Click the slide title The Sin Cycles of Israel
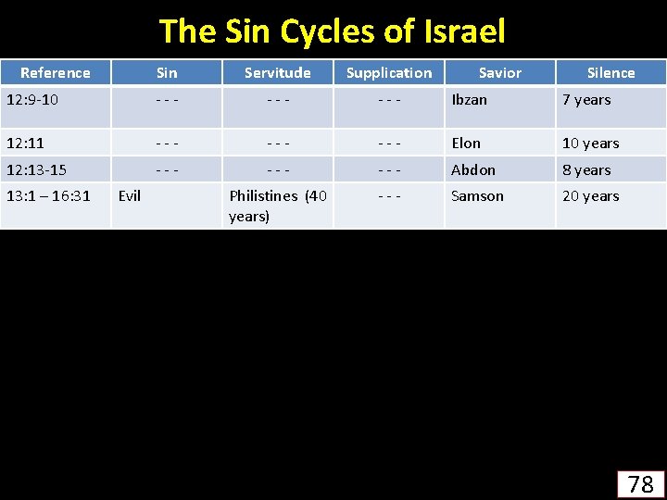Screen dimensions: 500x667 (x=333, y=31)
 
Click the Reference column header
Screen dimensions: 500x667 (x=56, y=72)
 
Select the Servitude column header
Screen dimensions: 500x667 (x=277, y=72)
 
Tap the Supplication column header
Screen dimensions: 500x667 (x=389, y=72)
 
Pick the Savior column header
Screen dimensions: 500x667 (x=500, y=72)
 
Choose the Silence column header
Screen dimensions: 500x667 (x=610, y=72)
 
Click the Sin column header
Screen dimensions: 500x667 (x=167, y=72)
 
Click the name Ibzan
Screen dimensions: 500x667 (x=469, y=100)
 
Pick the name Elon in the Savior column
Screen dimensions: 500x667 (x=466, y=143)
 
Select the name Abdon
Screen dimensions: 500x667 (x=473, y=169)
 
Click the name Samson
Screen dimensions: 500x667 (x=477, y=195)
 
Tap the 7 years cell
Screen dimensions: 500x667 (x=586, y=100)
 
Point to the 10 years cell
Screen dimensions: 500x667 (x=590, y=143)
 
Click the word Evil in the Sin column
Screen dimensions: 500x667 (x=130, y=195)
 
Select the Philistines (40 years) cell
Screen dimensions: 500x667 (x=277, y=206)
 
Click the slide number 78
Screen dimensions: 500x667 (x=640, y=483)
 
